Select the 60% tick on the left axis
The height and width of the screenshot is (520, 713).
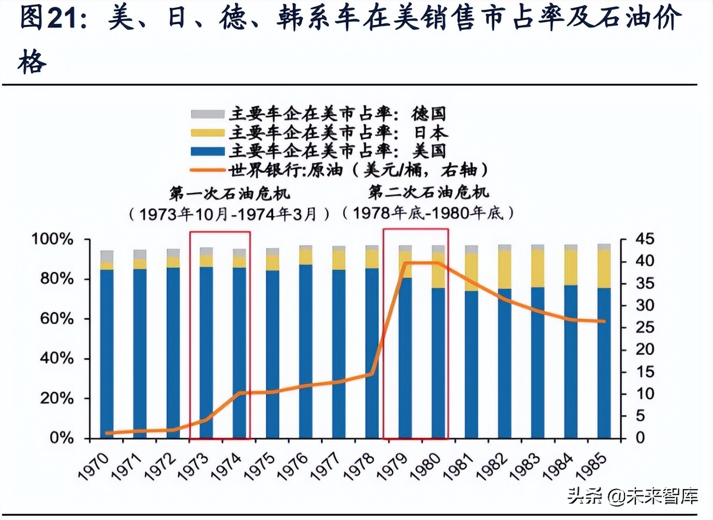click(x=56, y=319)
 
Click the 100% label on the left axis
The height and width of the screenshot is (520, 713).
click(x=52, y=239)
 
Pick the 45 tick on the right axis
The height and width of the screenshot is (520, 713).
click(x=645, y=239)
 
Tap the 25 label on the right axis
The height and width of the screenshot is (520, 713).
click(x=645, y=328)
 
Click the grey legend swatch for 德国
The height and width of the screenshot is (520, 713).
click(x=207, y=114)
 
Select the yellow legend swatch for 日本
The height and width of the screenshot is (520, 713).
click(x=207, y=133)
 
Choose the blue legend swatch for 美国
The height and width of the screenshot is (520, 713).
click(x=207, y=151)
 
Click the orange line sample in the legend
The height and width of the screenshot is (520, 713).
click(x=207, y=170)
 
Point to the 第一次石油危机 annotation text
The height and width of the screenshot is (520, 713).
click(x=229, y=194)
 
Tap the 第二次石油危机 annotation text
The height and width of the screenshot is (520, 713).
click(x=428, y=193)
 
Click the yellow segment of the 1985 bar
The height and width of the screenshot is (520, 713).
click(x=604, y=269)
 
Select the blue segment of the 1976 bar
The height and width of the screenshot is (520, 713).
click(x=306, y=351)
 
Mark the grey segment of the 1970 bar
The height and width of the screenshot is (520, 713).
click(x=107, y=256)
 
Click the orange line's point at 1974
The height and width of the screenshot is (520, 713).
click(x=239, y=393)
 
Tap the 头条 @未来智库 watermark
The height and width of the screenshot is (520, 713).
click(x=632, y=496)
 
